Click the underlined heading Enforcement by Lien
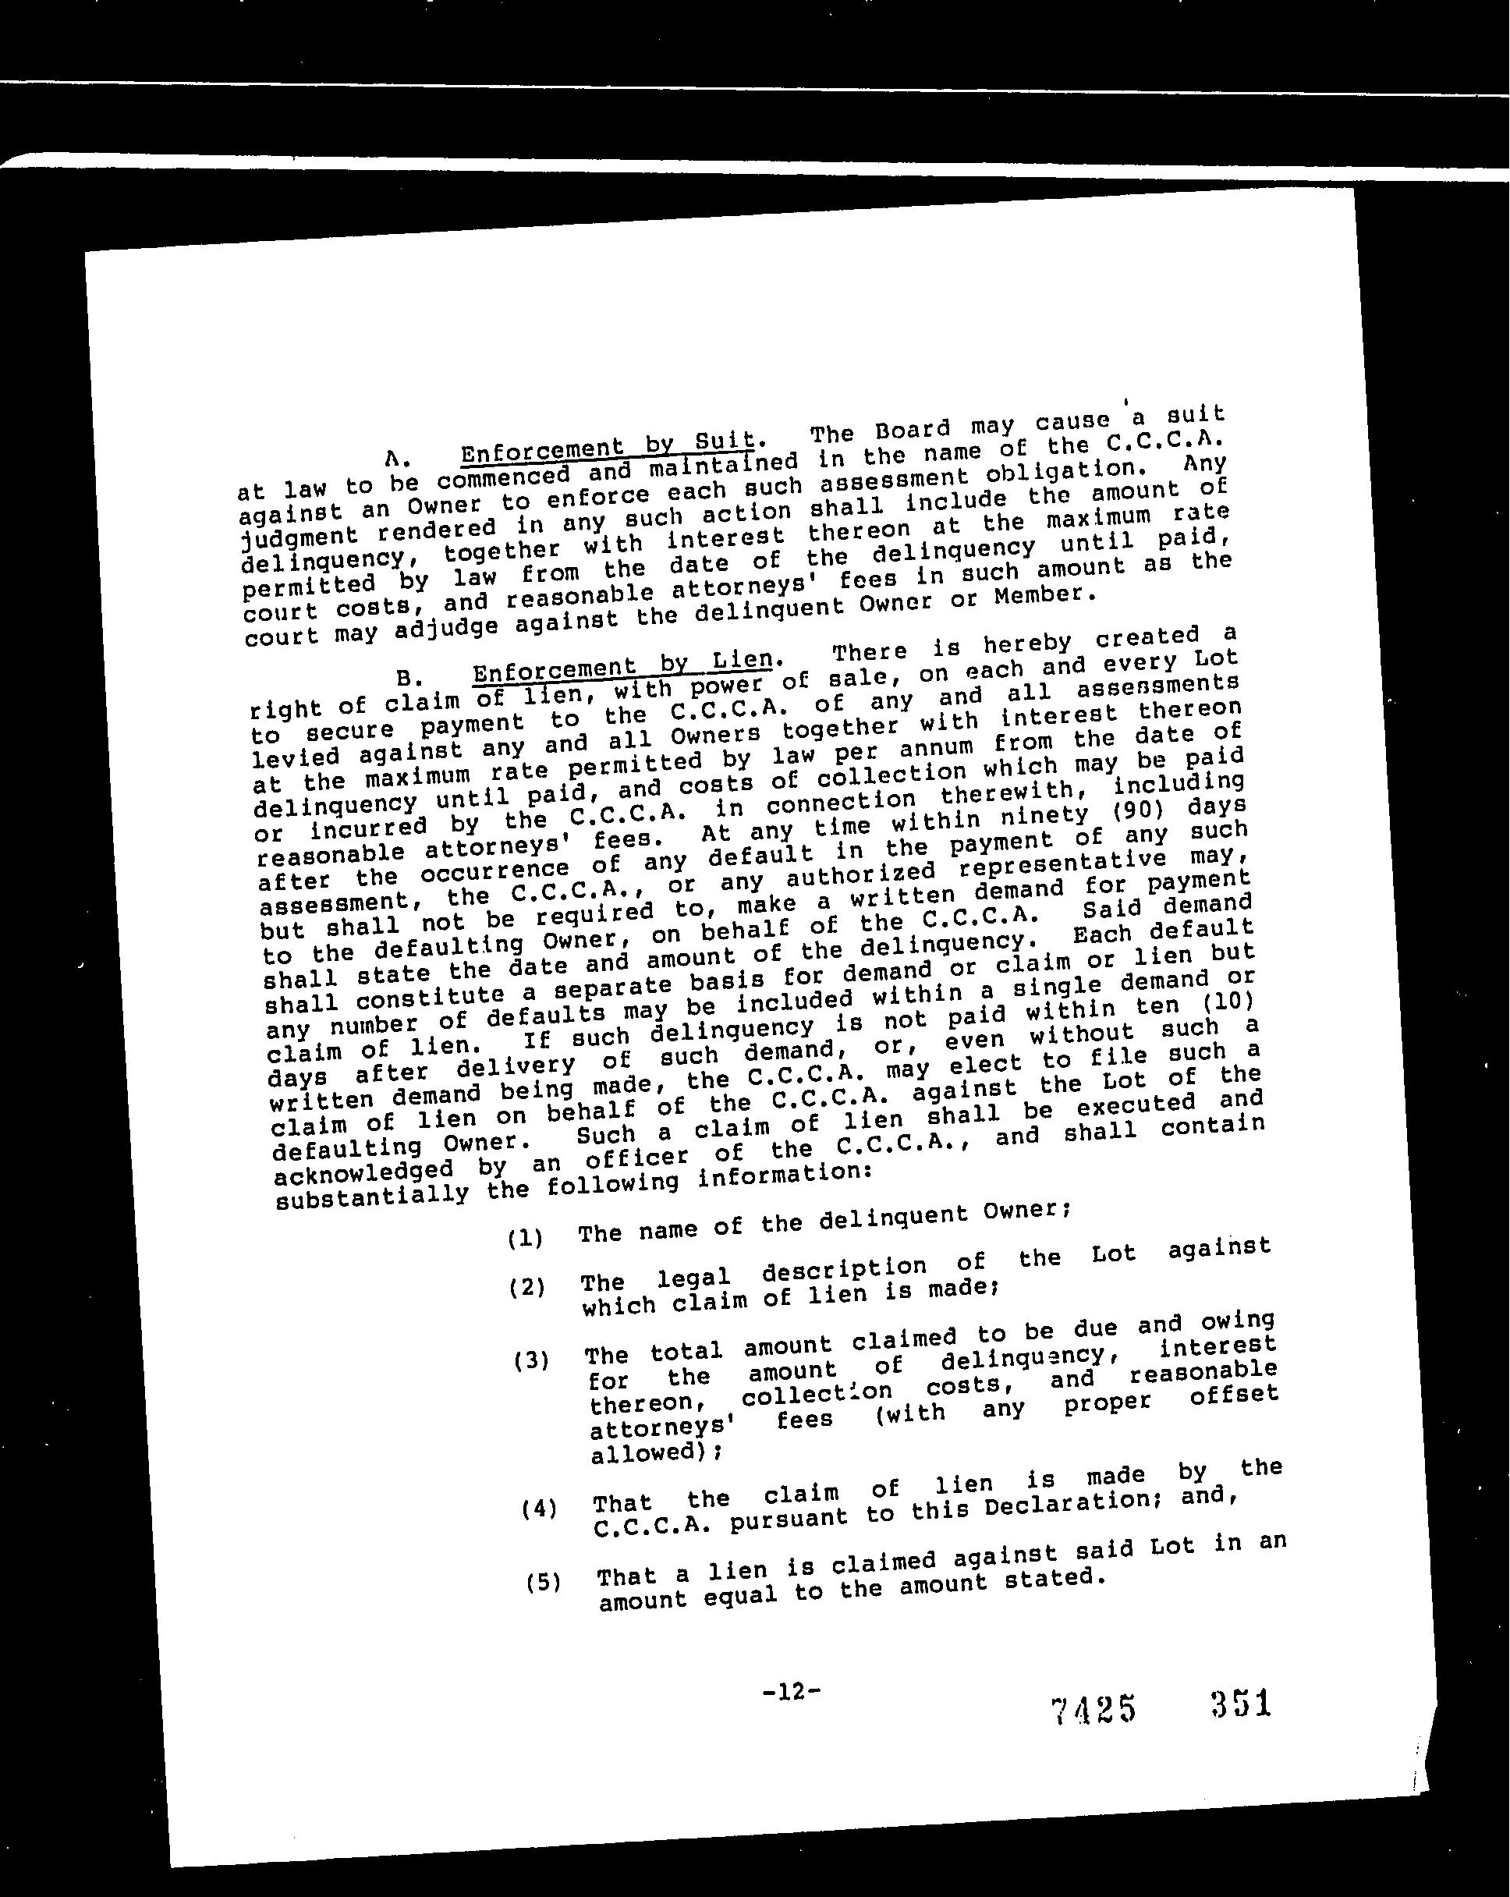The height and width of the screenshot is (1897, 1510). click(x=624, y=665)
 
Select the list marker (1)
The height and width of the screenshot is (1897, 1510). click(x=526, y=1238)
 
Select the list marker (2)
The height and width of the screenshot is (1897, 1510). click(x=527, y=1288)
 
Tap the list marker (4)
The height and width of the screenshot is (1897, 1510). click(x=538, y=1510)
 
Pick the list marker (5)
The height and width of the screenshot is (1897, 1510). click(x=543, y=1583)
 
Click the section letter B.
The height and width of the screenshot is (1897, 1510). click(x=405, y=679)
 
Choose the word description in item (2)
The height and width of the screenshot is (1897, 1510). click(x=843, y=1268)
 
